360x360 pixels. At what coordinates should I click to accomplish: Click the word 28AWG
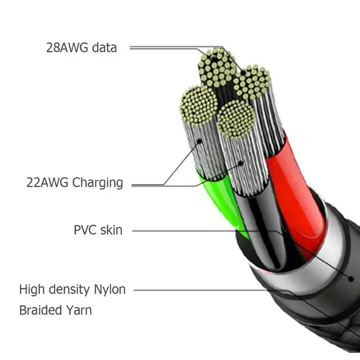pyautogui.click(x=67, y=48)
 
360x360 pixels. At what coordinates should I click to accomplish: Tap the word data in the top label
pyautogui.click(x=104, y=48)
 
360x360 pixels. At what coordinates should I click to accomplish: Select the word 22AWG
pyautogui.click(x=47, y=183)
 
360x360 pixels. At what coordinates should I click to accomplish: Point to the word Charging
pyautogui.click(x=98, y=183)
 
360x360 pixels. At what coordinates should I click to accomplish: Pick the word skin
pyautogui.click(x=111, y=230)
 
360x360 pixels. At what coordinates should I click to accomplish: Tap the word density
pyautogui.click(x=69, y=290)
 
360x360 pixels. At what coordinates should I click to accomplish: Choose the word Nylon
pyautogui.click(x=110, y=290)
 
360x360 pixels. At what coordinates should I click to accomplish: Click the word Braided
pyautogui.click(x=40, y=310)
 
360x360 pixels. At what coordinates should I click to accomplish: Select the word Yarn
pyautogui.click(x=79, y=310)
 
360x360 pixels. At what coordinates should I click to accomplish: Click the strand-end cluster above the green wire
pyautogui.click(x=198, y=105)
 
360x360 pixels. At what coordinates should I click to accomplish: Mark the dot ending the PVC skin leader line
pyautogui.click(x=351, y=279)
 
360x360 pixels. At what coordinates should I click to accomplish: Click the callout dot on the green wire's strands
pyautogui.click(x=199, y=141)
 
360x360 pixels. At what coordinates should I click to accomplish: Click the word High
pyautogui.click(x=32, y=290)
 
